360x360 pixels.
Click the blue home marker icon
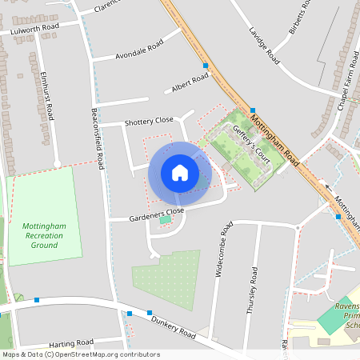(180, 173)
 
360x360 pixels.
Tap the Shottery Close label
(149, 121)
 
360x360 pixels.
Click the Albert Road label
(190, 81)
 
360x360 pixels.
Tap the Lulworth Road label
(36, 30)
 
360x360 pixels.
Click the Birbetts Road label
(298, 19)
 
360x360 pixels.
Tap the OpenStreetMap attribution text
(81, 354)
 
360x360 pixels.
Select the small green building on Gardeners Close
(165, 219)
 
